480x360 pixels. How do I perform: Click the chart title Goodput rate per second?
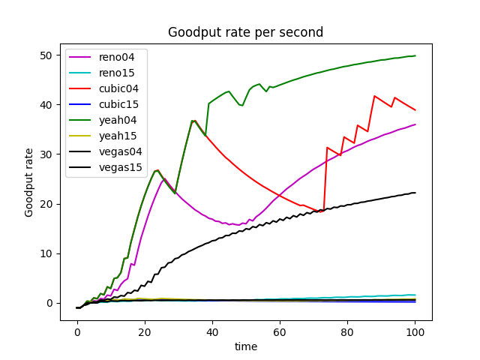click(x=245, y=32)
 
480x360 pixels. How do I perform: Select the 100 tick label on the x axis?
click(x=415, y=332)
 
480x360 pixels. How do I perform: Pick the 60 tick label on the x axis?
click(x=280, y=332)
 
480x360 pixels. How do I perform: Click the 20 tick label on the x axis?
click(x=145, y=332)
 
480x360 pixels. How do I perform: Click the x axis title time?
click(x=245, y=346)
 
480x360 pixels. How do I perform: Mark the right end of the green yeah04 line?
click(x=415, y=55)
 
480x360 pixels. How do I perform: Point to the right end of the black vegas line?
click(x=415, y=193)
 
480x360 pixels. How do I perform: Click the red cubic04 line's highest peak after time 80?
click(x=374, y=96)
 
